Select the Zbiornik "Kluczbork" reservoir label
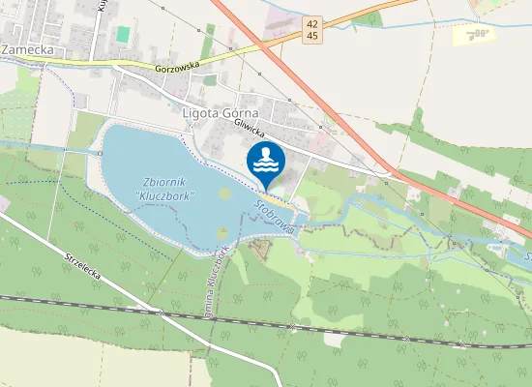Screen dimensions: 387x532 [168, 188]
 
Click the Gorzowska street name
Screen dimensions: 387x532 [177, 69]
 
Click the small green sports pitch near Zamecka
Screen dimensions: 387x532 [122, 34]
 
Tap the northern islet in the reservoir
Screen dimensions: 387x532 [225, 194]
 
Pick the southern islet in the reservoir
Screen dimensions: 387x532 [222, 232]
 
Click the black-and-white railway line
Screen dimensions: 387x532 [290, 325]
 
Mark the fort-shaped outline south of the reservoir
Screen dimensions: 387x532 [260, 250]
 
